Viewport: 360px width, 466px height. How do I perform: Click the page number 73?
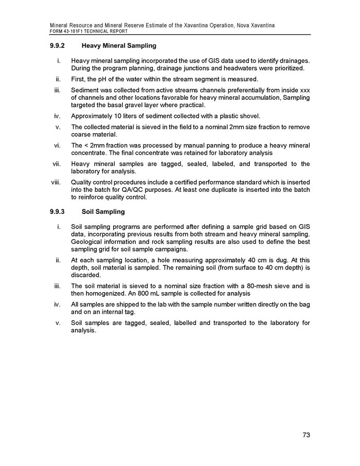[x=306, y=435]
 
